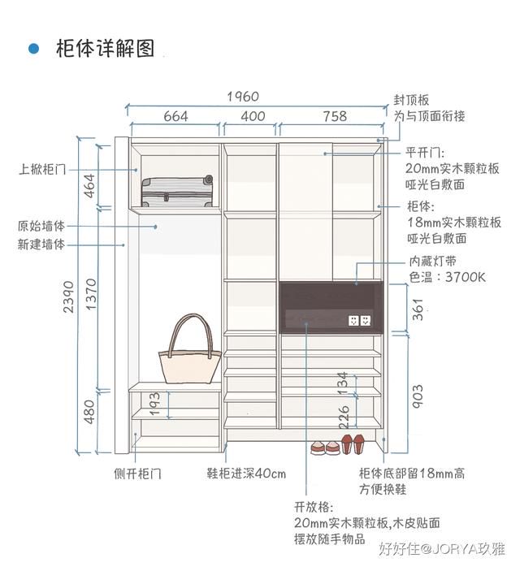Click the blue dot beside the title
[x=33, y=49]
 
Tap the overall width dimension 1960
[x=243, y=97]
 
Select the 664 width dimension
[x=175, y=116]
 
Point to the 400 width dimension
[x=253, y=116]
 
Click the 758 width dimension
[x=335, y=116]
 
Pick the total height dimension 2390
[x=68, y=296]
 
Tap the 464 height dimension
[x=89, y=186]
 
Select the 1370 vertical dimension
[x=91, y=295]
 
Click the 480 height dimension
[x=89, y=412]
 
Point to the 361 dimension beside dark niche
[x=418, y=309]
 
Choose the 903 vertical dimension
[x=418, y=396]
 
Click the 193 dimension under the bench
[x=154, y=404]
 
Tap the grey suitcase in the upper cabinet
[x=177, y=191]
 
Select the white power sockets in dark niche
[x=360, y=321]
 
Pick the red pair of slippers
[x=353, y=443]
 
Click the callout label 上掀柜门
[x=42, y=169]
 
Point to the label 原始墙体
[x=41, y=226]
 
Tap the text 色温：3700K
[x=448, y=278]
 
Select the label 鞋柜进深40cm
[x=246, y=474]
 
